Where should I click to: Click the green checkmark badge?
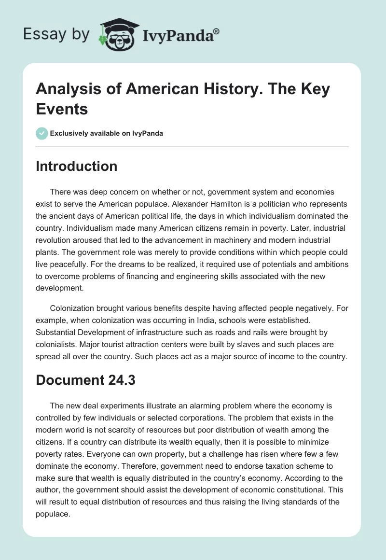42,133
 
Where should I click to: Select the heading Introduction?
77,166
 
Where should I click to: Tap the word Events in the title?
62,109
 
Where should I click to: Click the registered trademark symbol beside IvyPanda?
216,30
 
